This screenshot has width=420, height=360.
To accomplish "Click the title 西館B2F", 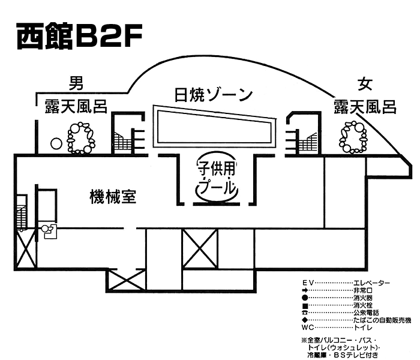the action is [79, 36].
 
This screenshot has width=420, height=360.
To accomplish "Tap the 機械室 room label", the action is [113, 197].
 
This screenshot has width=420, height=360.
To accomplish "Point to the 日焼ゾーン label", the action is [214, 95].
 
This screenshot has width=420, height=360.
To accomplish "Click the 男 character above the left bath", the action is [76, 83].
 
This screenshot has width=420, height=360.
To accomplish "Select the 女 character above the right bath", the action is [365, 84].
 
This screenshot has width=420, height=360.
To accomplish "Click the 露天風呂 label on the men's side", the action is [76, 106].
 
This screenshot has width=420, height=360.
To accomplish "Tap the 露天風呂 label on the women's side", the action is [365, 107].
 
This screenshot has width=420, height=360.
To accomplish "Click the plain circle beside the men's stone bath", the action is [56, 143].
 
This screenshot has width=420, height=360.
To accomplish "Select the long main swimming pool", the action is [215, 126].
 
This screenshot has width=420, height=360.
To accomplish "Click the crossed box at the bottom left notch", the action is [127, 280].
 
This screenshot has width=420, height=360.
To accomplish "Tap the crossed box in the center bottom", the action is [200, 248].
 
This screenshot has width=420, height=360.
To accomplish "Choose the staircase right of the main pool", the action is [307, 143].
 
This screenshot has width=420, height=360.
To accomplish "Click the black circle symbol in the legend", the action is [305, 298].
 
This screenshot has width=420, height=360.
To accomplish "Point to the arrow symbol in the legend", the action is [305, 290].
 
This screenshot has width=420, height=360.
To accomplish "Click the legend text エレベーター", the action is [372, 283].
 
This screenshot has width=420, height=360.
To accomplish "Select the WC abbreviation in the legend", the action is [307, 328].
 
